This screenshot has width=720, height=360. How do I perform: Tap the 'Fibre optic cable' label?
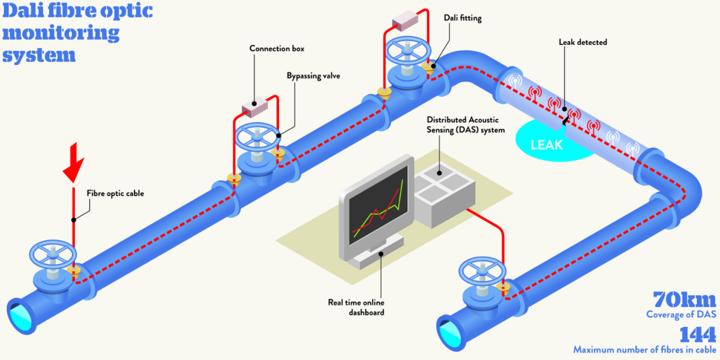115,193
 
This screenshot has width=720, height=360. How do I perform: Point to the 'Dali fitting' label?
463,18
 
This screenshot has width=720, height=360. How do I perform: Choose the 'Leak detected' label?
583,42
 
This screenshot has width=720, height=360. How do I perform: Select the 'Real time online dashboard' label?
356,307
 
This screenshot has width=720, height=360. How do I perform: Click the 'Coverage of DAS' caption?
681,314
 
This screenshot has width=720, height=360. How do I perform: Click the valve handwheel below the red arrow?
55,255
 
